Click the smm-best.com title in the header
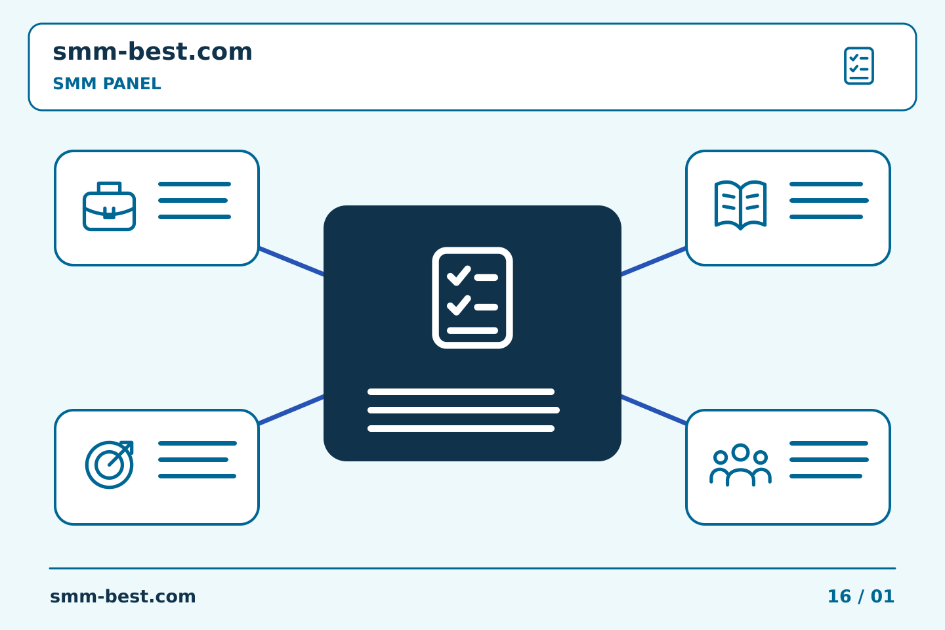point(152,52)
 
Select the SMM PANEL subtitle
point(107,83)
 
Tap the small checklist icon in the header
point(859,66)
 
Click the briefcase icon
point(109,206)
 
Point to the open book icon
point(740,205)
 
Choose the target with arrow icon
point(109,465)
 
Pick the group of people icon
point(740,465)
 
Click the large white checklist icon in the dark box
point(472,298)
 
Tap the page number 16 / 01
point(861,597)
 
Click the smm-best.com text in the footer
point(123,597)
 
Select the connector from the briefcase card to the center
point(291,262)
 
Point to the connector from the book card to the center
point(654,262)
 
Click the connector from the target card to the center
point(291,409)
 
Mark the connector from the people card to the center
point(654,409)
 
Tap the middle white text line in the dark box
point(463,410)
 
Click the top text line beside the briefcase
point(194,184)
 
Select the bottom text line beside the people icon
point(826,476)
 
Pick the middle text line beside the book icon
point(829,200)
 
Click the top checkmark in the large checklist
point(459,276)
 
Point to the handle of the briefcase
point(109,187)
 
